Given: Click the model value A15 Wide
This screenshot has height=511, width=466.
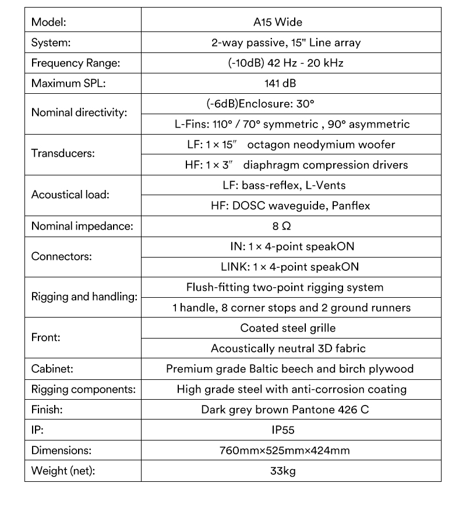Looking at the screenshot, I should click(x=277, y=23).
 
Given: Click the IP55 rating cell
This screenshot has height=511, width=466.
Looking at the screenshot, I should click(x=283, y=430).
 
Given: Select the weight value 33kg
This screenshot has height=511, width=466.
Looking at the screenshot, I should click(x=283, y=471).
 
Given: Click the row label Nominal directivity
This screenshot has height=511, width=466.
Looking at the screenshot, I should click(x=79, y=114).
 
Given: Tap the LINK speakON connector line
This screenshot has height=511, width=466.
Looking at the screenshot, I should click(x=290, y=267).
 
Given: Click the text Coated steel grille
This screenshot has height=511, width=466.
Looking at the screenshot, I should click(x=288, y=328).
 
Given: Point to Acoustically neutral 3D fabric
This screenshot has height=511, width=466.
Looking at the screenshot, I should click(x=288, y=348).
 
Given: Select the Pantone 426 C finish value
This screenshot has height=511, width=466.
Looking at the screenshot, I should click(x=285, y=410).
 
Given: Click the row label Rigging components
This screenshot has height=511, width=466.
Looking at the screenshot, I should click(x=83, y=389).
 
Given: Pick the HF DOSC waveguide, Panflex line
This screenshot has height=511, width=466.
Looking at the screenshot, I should click(x=290, y=206).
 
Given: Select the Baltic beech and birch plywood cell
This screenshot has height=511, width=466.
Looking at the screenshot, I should click(x=290, y=369).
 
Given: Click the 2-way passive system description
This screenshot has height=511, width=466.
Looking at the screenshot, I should click(x=285, y=43).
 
